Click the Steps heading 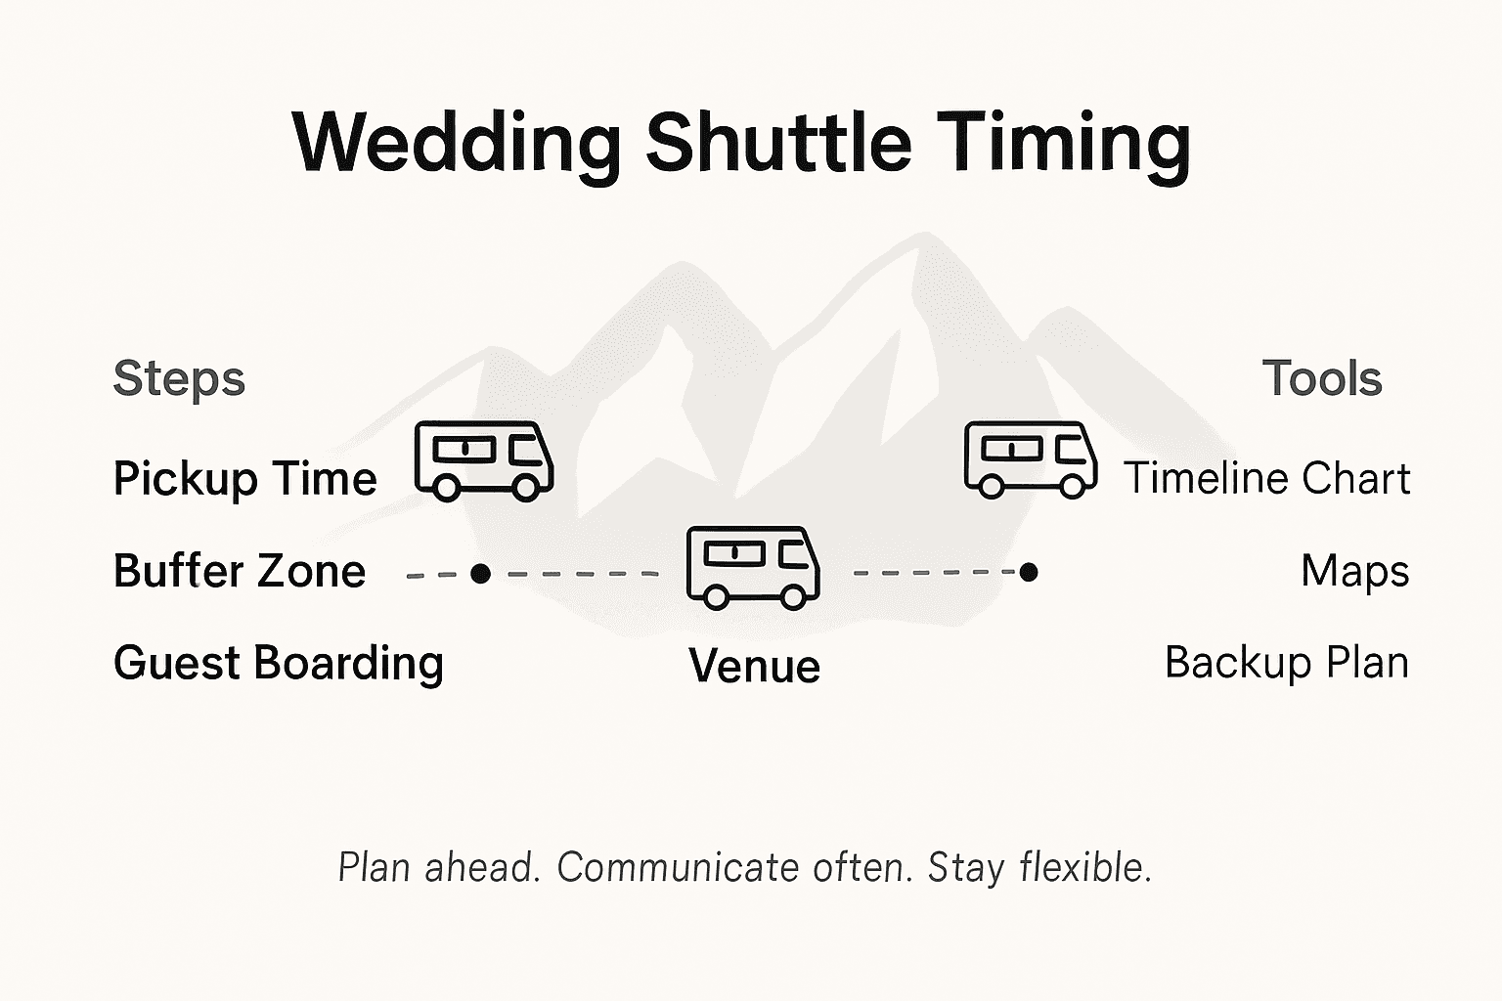tap(179, 378)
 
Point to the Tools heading tap(1322, 378)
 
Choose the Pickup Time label tap(244, 479)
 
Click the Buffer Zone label tap(240, 571)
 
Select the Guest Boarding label tap(279, 663)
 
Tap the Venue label tap(754, 666)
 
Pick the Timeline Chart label tap(1266, 479)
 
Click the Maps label tap(1354, 571)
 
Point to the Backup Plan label tap(1287, 663)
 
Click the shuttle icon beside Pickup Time tap(484, 460)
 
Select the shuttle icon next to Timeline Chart tap(1030, 459)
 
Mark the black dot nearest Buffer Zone tap(480, 574)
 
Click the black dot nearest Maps tap(1028, 572)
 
